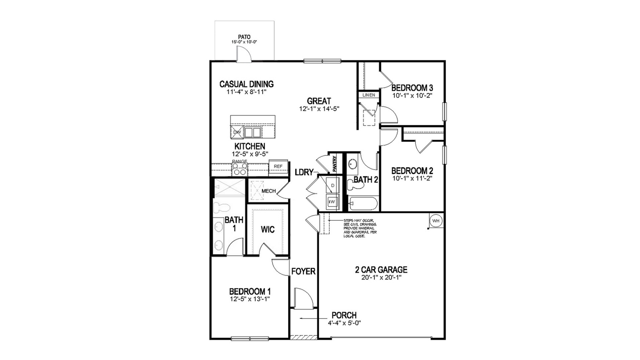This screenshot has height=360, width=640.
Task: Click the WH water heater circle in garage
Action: point(436,221)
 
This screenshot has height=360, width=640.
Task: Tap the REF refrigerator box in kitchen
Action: point(278,166)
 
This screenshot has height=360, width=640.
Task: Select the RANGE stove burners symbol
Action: point(240,169)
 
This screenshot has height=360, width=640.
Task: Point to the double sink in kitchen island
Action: point(253,132)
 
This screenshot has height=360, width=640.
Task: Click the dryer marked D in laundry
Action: point(333,186)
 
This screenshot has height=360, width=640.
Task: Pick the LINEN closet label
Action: point(369,95)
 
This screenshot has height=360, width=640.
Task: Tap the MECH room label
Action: point(268,191)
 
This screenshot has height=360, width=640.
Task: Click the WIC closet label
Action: point(268,229)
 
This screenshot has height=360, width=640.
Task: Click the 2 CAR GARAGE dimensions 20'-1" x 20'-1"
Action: point(381,278)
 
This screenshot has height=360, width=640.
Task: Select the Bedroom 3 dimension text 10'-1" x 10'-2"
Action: point(412,95)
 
